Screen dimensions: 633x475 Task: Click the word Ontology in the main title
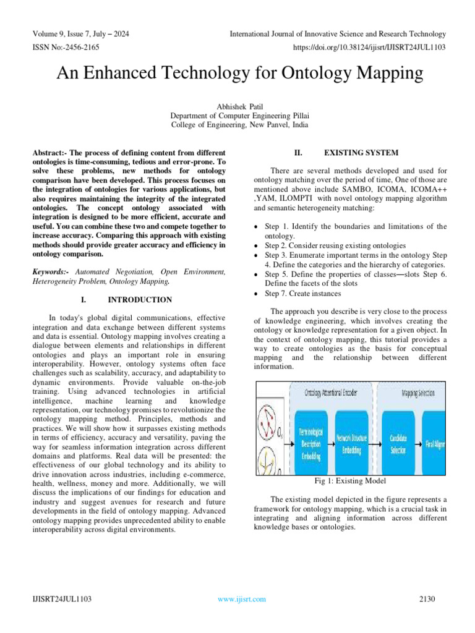click(320, 74)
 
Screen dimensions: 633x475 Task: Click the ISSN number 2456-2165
click(80, 46)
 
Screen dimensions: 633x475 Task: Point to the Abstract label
click(49, 153)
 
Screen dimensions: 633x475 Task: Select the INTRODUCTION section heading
click(140, 300)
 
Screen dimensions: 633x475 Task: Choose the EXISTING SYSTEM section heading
click(361, 153)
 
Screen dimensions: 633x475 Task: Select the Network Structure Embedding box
click(351, 444)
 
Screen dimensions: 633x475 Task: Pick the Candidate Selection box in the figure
click(398, 444)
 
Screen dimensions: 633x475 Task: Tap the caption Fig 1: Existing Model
click(349, 481)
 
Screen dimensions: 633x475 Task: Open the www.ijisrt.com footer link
click(242, 599)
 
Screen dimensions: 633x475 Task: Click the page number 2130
click(427, 599)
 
